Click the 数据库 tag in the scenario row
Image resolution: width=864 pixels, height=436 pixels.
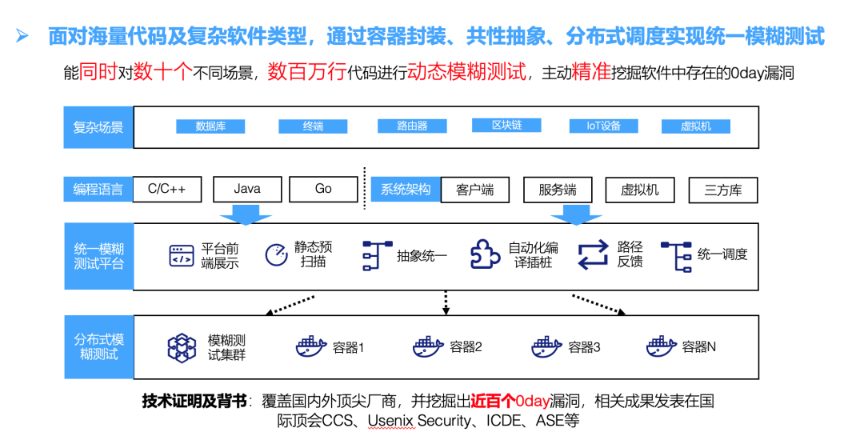210,126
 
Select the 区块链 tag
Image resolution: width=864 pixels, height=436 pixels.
506,126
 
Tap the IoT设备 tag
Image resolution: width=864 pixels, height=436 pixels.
604,126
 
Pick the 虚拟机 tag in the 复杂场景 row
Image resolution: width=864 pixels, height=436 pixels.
695,126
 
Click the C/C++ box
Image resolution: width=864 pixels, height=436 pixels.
167,190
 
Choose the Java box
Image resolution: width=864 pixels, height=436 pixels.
247,190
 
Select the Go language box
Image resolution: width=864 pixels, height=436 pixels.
323,190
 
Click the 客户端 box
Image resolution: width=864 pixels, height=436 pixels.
475,190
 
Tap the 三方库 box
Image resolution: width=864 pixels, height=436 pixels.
722,190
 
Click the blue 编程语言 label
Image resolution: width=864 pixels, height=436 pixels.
98,190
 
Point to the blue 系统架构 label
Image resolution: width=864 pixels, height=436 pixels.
406,190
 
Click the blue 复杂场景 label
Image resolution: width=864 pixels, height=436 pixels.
98,127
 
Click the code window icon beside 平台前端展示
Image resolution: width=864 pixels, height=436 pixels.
182,255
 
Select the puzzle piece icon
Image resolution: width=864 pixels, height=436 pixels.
485,254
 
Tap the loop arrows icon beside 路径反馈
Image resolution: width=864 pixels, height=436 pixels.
594,254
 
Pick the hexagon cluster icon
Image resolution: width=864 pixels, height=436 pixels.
182,347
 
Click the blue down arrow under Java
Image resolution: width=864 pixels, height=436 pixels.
246,214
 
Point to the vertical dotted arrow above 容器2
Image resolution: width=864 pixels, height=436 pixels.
446,302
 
